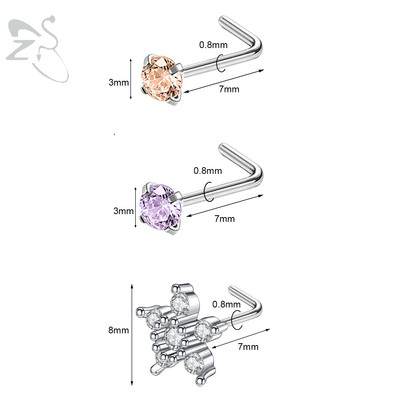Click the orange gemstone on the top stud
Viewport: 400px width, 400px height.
(x=162, y=79)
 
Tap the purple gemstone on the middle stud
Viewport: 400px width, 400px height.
(x=161, y=207)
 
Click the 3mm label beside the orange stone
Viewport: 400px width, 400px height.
(x=119, y=82)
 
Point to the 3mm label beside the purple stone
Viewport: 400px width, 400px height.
(x=123, y=211)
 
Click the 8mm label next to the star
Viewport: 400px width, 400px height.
(x=118, y=330)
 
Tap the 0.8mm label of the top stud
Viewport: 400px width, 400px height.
(x=213, y=44)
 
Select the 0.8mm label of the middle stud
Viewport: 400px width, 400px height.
(x=208, y=171)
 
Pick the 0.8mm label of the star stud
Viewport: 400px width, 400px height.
(x=226, y=304)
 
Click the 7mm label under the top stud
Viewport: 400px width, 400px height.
(x=229, y=89)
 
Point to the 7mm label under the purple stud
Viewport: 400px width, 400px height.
(x=224, y=219)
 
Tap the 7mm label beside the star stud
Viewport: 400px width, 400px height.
(x=248, y=347)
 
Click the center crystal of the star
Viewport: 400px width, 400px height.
(x=172, y=337)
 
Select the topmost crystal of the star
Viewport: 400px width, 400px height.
(x=179, y=304)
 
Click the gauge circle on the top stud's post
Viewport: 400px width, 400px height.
(x=217, y=63)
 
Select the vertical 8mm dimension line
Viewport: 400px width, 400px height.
(x=132, y=334)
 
